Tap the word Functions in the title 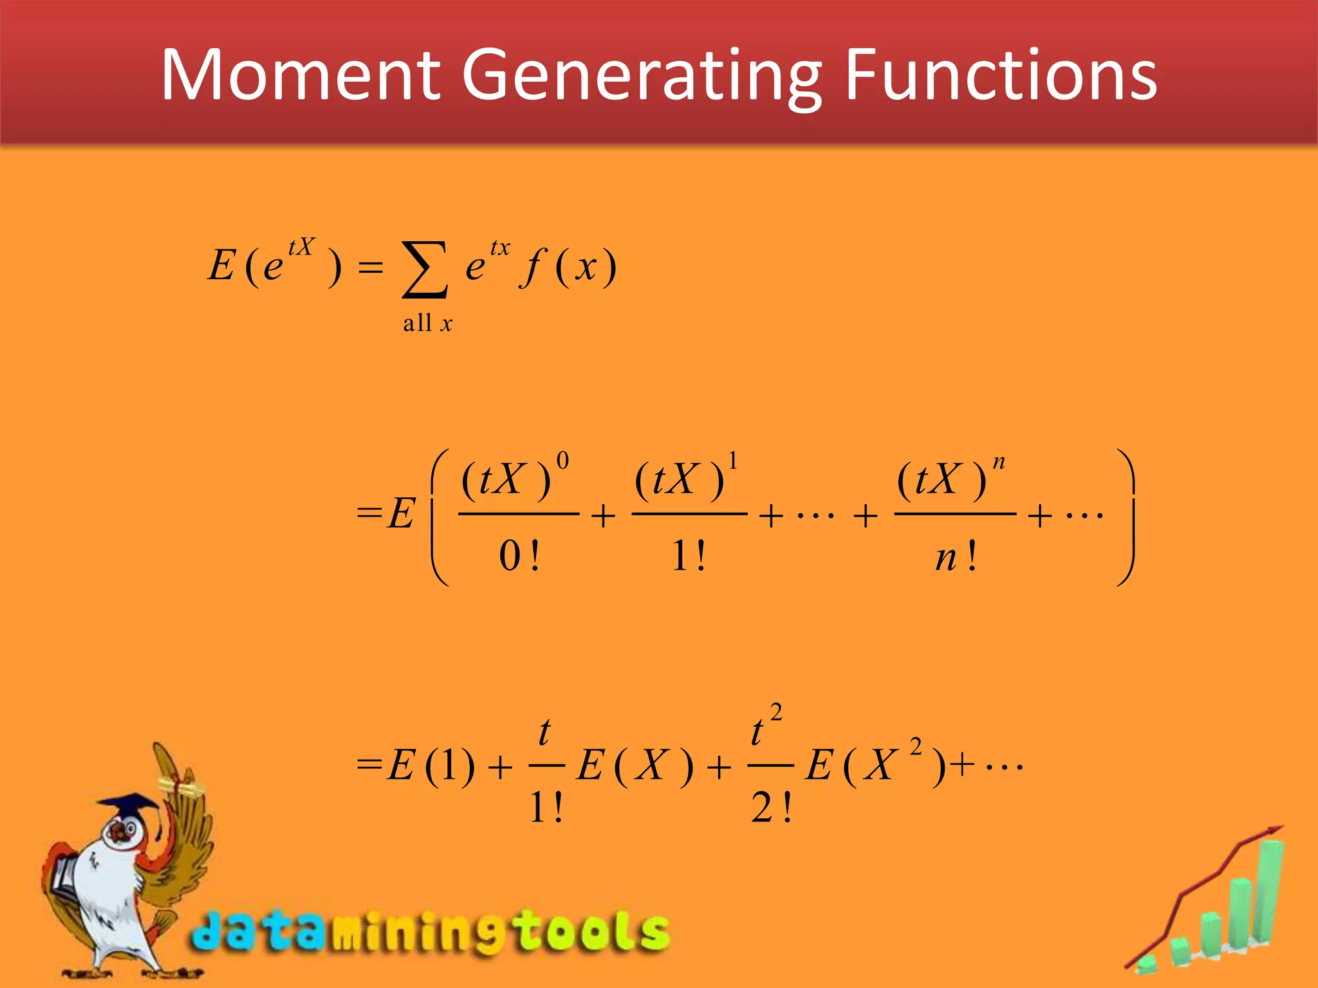pyautogui.click(x=1001, y=76)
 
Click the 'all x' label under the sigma pyautogui.click(x=427, y=323)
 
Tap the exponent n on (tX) pyautogui.click(x=998, y=462)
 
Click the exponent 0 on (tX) pyautogui.click(x=562, y=461)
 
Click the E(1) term pyautogui.click(x=431, y=765)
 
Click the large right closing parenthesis pyautogui.click(x=1125, y=517)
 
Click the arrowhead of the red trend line pyautogui.click(x=1275, y=830)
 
